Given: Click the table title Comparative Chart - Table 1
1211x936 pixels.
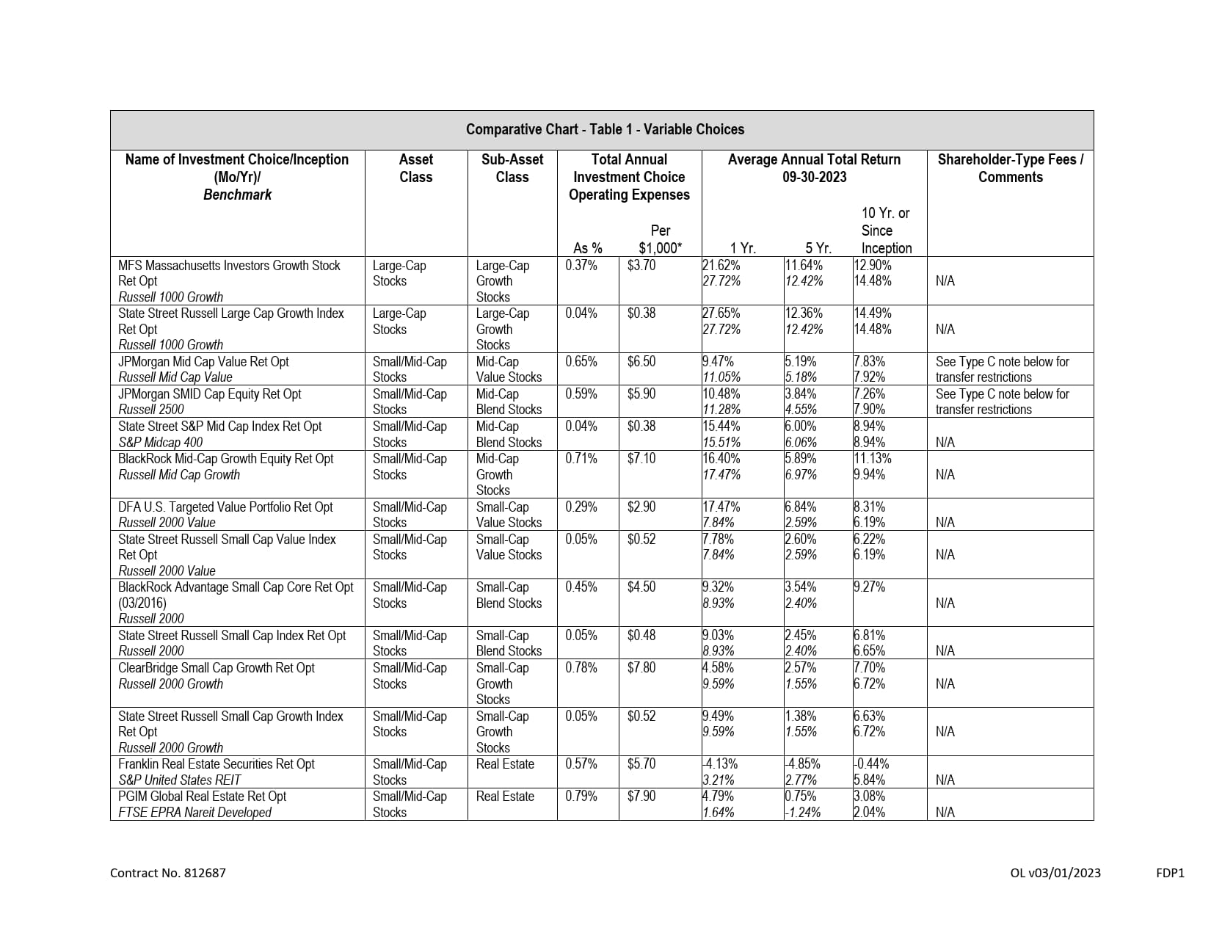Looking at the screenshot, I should (605, 129).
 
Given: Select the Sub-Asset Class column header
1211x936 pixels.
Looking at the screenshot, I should (512, 168).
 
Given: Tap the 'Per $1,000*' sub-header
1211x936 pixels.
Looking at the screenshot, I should (660, 239).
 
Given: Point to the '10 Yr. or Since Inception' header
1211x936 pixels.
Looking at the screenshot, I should (885, 231).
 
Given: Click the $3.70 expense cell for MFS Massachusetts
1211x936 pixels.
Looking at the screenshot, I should (641, 265).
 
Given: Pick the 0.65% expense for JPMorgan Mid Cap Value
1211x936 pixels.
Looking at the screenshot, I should (581, 361).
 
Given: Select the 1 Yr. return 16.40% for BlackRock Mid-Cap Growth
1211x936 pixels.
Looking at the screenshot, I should (721, 458).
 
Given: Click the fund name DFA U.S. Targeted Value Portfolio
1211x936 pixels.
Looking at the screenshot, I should (225, 507).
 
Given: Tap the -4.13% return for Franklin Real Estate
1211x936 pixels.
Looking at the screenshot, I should (720, 763).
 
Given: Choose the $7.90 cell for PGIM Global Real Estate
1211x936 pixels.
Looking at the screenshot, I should (641, 796).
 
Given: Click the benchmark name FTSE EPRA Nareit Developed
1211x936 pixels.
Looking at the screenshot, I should (194, 812).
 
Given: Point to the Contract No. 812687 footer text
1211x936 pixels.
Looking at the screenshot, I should (168, 873).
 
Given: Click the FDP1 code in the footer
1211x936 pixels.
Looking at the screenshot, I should (1170, 873).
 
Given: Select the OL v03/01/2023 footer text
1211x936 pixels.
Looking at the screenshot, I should (1055, 873).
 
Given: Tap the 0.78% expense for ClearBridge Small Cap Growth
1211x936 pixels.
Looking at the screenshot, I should (581, 667).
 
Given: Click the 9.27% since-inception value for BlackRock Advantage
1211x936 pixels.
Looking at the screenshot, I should (869, 587).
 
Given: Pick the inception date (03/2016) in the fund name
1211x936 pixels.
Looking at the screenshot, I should (142, 603).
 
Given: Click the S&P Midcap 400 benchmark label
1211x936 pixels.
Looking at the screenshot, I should (160, 442).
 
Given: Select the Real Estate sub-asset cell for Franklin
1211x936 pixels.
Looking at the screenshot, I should (505, 763).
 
